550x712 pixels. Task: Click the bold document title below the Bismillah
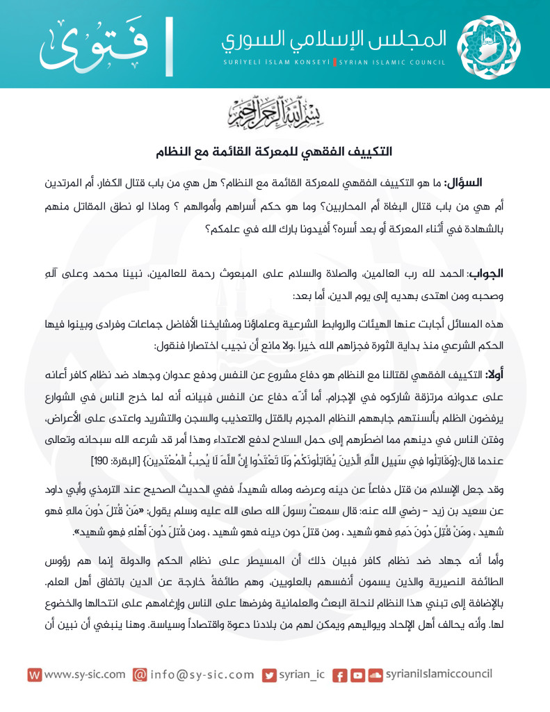(x=275, y=149)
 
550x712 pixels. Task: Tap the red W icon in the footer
(x=34, y=674)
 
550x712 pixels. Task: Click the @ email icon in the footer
(x=140, y=674)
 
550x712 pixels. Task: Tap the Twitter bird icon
(x=269, y=674)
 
